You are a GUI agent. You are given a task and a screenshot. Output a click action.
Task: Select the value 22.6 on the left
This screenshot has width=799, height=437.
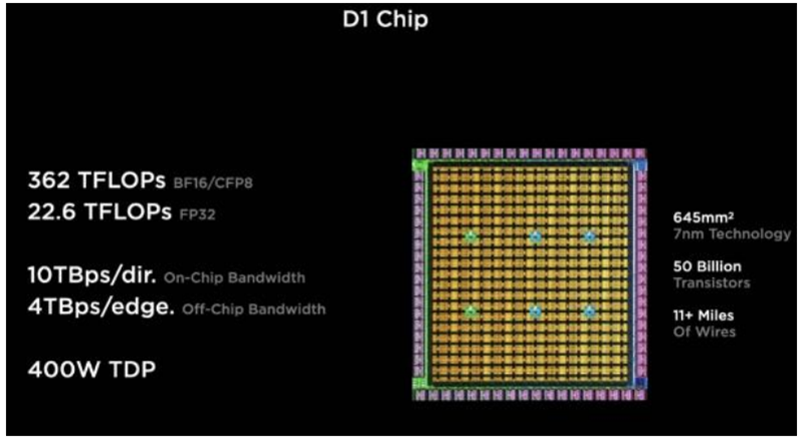pos(52,213)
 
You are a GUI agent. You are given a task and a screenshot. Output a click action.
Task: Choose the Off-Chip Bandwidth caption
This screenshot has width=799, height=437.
pos(254,309)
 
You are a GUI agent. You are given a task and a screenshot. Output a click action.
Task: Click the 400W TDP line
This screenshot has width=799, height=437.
pos(92,370)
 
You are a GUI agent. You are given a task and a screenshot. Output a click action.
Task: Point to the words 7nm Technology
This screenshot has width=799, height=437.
pos(733,234)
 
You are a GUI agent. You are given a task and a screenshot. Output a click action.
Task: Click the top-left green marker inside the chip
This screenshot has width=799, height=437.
pos(470,236)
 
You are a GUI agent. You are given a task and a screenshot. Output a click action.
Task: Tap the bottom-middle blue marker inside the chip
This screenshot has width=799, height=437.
pos(535,311)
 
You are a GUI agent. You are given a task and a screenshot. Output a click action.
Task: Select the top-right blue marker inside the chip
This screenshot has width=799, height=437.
pos(589,236)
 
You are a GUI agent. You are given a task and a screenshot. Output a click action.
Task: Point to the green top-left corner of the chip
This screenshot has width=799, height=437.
pos(419,164)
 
